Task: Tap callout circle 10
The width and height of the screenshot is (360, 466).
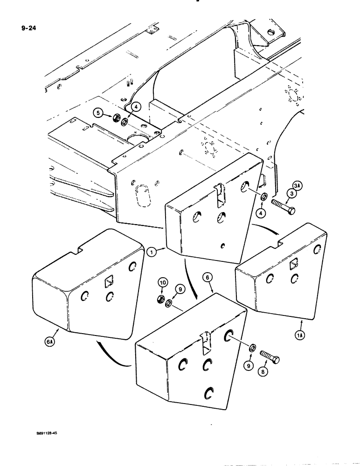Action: pyautogui.click(x=162, y=283)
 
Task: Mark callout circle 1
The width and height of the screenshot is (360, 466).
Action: pyautogui.click(x=151, y=253)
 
